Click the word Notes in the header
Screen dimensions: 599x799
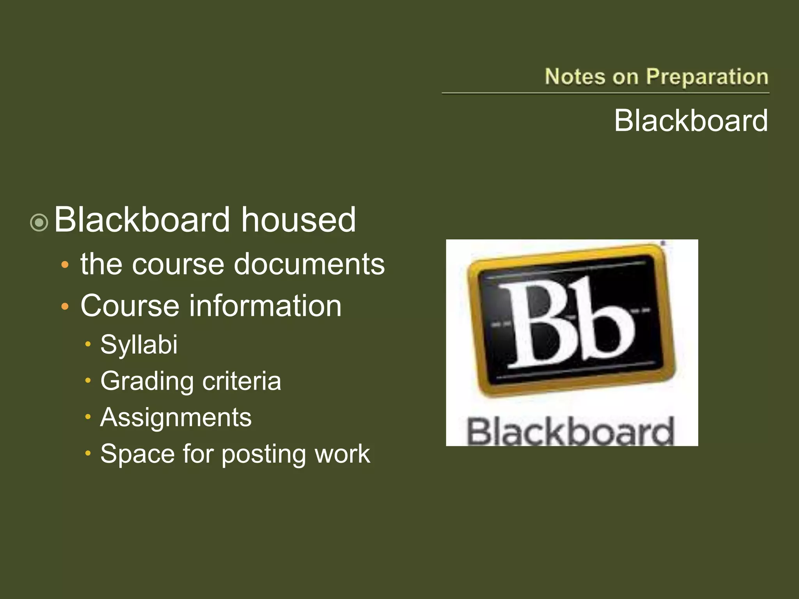(575, 76)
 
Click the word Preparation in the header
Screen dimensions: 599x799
(707, 77)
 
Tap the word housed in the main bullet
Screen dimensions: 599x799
(298, 220)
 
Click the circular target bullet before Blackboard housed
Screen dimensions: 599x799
(39, 223)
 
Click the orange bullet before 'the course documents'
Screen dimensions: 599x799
(65, 265)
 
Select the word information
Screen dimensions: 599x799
(265, 306)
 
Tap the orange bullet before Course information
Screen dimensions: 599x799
(65, 307)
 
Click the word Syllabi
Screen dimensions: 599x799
(139, 345)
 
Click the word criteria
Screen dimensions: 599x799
(241, 381)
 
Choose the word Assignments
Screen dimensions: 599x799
(176, 418)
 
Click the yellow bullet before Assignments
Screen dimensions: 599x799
(88, 417)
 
